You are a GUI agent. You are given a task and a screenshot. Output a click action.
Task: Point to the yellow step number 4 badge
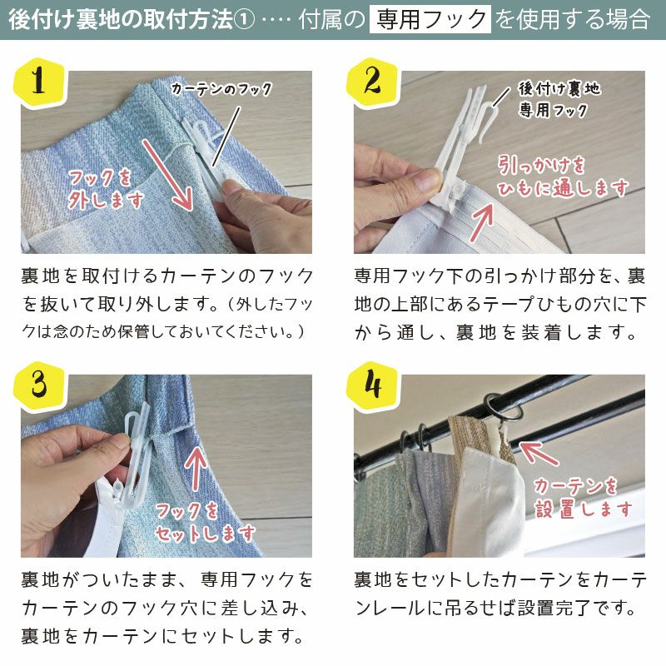(x=371, y=385)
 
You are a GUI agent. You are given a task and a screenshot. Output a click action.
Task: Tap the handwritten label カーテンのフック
(x=221, y=89)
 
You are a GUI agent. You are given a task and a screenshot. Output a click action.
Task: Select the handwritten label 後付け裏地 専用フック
(x=559, y=98)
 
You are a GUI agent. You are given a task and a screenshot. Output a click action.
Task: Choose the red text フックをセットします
(x=205, y=521)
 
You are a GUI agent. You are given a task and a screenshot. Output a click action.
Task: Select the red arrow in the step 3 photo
(x=197, y=470)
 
